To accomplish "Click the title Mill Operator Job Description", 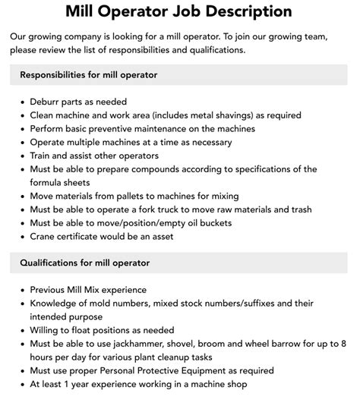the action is click(180, 11).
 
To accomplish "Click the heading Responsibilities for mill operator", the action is click(89, 75).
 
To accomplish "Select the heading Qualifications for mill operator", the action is click(84, 263).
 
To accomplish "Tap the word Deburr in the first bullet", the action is click(46, 102).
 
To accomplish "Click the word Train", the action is click(43, 156).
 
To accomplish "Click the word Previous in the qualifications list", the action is click(52, 290).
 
